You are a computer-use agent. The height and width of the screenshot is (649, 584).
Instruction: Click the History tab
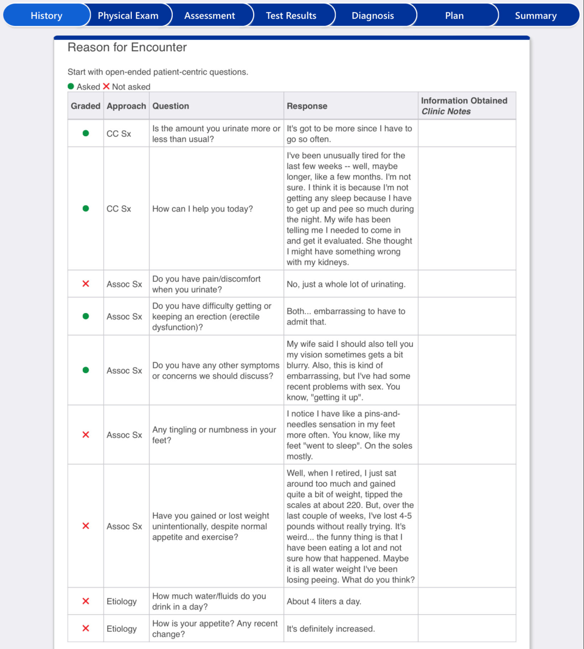point(46,16)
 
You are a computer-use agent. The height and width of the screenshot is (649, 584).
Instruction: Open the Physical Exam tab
point(128,16)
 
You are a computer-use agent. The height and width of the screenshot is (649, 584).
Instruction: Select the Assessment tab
point(209,16)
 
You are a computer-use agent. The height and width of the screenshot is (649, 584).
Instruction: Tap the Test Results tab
point(291,16)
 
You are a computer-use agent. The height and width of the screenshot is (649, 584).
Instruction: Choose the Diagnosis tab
point(372,16)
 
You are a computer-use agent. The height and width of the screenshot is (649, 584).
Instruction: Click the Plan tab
point(454,16)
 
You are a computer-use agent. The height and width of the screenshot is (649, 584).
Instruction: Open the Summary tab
point(535,16)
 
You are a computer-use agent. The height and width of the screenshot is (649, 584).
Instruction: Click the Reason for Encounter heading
point(127,48)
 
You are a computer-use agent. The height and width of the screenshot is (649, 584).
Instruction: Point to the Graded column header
point(85,106)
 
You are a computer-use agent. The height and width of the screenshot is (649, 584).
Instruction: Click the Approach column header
point(126,106)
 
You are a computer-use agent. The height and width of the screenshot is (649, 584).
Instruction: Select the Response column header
point(307,106)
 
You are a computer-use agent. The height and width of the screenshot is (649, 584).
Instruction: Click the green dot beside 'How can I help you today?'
point(85,209)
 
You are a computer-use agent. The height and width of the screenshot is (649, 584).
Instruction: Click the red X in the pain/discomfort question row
point(85,284)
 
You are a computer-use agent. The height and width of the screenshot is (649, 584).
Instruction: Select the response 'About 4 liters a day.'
point(324,601)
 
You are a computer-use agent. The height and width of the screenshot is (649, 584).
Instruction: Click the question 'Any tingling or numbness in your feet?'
point(214,435)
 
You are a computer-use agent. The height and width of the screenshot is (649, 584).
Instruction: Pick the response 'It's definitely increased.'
point(331,629)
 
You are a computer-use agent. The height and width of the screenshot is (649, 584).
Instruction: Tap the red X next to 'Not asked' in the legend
point(106,86)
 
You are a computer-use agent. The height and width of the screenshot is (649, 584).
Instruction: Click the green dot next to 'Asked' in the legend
point(71,86)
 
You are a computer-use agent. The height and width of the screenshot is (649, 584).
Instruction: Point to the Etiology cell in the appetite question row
point(122,629)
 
